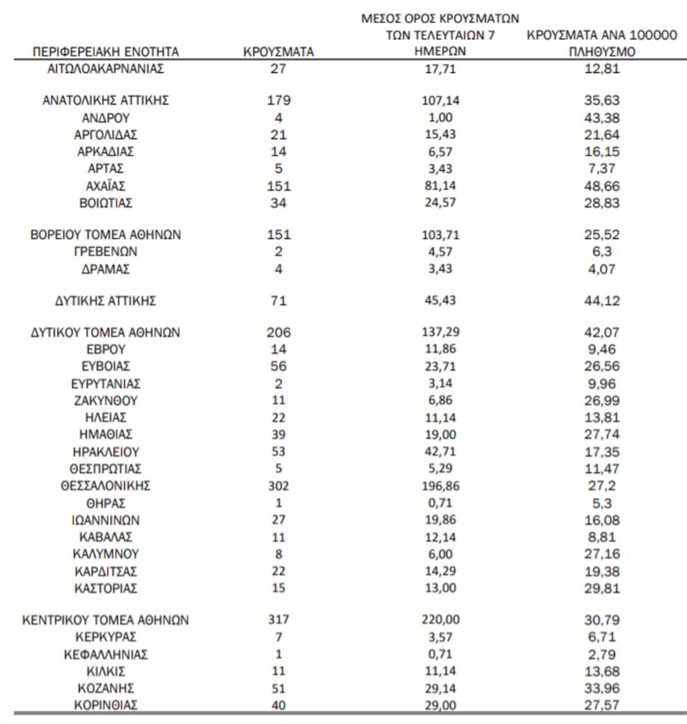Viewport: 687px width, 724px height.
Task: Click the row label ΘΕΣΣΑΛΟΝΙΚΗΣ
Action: pyautogui.click(x=106, y=486)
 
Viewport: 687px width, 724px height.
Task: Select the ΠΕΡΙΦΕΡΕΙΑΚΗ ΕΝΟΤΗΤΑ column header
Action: pyautogui.click(x=106, y=52)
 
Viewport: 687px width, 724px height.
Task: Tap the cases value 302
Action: pyautogui.click(x=278, y=486)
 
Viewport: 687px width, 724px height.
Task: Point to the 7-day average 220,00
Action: pyautogui.click(x=440, y=619)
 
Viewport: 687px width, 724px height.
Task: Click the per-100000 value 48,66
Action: pyautogui.click(x=601, y=186)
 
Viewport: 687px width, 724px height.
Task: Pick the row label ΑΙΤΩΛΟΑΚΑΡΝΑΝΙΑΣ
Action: pyautogui.click(x=106, y=69)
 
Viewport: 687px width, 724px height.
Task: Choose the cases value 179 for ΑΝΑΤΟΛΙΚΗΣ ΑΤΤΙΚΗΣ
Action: pyautogui.click(x=278, y=100)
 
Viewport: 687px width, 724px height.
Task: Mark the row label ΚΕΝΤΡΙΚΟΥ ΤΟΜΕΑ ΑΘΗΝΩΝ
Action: pyautogui.click(x=106, y=620)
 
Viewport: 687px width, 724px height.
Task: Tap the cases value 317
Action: pyautogui.click(x=278, y=619)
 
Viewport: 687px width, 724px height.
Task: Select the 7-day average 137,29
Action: pyautogui.click(x=440, y=332)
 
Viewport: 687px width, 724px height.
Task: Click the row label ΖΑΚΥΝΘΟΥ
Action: pyautogui.click(x=106, y=400)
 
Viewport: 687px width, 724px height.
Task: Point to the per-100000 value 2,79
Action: pyautogui.click(x=601, y=655)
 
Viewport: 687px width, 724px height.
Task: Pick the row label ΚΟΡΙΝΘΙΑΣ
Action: pyautogui.click(x=106, y=705)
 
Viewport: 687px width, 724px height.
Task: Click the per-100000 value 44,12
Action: pyautogui.click(x=601, y=301)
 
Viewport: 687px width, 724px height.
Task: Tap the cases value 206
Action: pyautogui.click(x=278, y=332)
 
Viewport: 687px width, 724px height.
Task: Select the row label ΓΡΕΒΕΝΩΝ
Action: pyautogui.click(x=106, y=252)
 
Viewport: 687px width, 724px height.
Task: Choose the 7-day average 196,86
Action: pyautogui.click(x=440, y=486)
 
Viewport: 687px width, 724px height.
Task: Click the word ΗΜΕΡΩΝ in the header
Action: pyautogui.click(x=440, y=52)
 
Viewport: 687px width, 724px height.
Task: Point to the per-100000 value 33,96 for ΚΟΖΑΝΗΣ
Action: pyautogui.click(x=601, y=688)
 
